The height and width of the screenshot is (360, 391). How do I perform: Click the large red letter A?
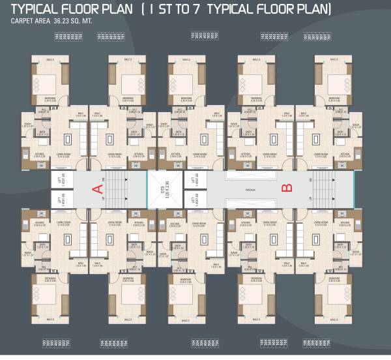tap(98, 190)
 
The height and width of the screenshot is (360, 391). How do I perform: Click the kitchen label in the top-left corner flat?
tap(39, 154)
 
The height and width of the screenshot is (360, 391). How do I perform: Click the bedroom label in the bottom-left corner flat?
tap(50, 278)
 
